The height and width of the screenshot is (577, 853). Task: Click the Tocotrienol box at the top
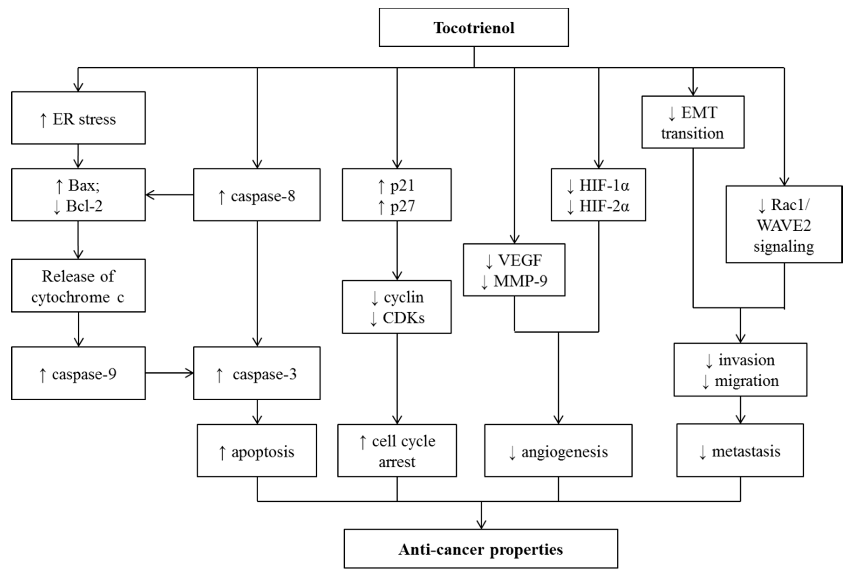click(x=473, y=28)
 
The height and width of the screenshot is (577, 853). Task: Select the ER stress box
click(x=78, y=118)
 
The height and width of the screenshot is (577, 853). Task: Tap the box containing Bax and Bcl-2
click(x=78, y=195)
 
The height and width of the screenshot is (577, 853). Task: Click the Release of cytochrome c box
click(x=78, y=286)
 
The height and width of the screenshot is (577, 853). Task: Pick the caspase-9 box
click(x=78, y=373)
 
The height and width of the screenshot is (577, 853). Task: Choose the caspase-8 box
click(x=257, y=195)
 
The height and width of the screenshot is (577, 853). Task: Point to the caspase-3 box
click(x=257, y=373)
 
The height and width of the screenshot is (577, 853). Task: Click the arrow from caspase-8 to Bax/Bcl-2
click(x=169, y=195)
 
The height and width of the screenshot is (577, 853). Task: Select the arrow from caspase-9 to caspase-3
click(x=169, y=373)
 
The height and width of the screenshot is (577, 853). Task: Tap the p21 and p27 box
click(x=396, y=195)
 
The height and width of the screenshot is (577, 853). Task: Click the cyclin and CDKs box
click(x=396, y=307)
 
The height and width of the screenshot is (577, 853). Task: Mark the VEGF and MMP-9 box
click(x=514, y=270)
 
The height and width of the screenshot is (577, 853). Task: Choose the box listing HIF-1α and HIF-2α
click(x=598, y=195)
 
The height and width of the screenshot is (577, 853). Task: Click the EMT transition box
click(x=693, y=122)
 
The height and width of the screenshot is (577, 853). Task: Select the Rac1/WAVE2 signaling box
click(x=784, y=224)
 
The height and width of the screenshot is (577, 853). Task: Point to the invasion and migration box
click(x=740, y=369)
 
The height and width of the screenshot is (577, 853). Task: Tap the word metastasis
click(x=746, y=451)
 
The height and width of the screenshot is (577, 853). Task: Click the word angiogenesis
click(x=564, y=452)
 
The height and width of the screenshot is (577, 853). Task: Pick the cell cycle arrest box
click(x=397, y=451)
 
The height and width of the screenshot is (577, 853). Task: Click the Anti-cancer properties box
click(x=481, y=549)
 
